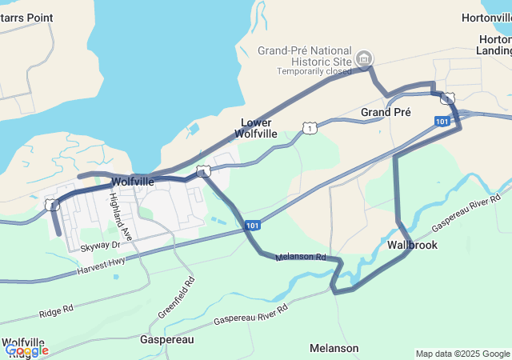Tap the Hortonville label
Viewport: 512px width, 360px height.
(x=487, y=18)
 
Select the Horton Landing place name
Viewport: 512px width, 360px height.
(x=494, y=45)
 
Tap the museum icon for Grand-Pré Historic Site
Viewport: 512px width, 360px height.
(x=364, y=58)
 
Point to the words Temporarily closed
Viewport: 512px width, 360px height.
(x=314, y=70)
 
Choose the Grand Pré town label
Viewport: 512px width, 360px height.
(x=386, y=112)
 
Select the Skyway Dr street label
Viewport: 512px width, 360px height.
(x=99, y=246)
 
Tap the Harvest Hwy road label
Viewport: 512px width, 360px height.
(x=102, y=267)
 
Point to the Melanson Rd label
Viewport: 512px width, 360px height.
(x=301, y=258)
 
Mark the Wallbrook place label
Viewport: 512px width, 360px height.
(x=413, y=245)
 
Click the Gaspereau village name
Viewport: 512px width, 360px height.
(x=167, y=340)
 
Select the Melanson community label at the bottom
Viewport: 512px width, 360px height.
(x=334, y=348)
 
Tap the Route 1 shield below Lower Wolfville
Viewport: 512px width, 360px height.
(x=309, y=127)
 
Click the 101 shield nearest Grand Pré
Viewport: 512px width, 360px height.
(x=442, y=121)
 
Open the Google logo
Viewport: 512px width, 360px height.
(x=26, y=350)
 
